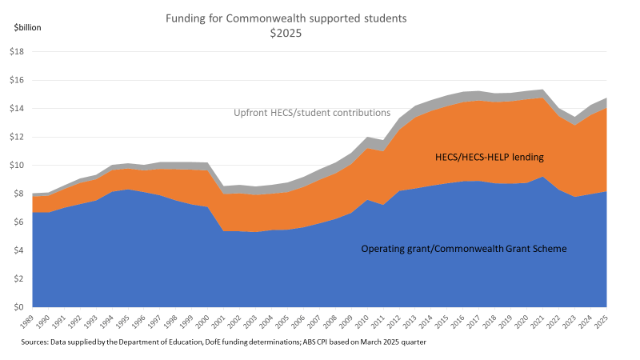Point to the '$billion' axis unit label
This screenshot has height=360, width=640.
tap(27, 27)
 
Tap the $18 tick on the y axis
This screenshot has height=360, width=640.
tap(17, 52)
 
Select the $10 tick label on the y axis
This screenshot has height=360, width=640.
tap(17, 166)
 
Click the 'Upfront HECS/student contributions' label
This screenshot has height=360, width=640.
tap(312, 113)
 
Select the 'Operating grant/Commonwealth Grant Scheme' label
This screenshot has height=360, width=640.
tap(463, 249)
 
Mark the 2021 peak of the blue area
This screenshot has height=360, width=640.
tap(544, 178)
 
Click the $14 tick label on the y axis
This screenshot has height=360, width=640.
tap(17, 109)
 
